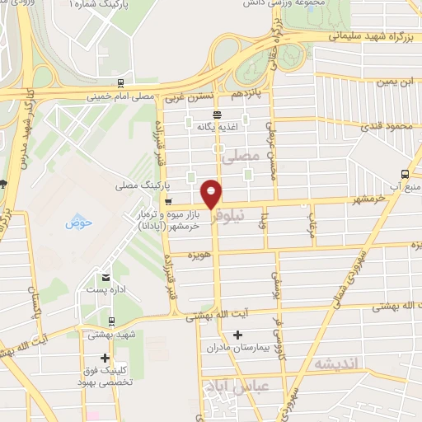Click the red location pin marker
pos(212,195)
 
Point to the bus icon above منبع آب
pos(405,173)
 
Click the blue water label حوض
pos(78,222)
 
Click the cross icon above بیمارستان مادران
pos(238,335)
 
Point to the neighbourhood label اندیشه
pos(328,363)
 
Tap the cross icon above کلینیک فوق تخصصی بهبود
pos(105,358)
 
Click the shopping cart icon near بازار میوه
pos(168,201)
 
